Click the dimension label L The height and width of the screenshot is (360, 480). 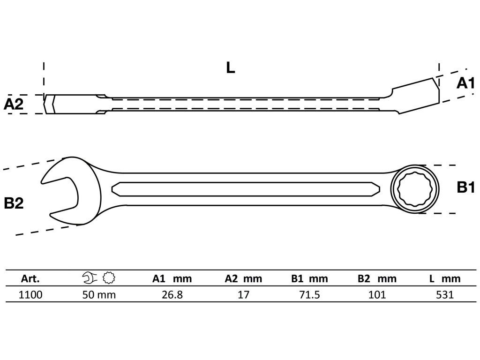point(230,68)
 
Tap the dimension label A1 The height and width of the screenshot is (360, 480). point(466,83)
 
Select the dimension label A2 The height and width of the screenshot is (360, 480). point(14,104)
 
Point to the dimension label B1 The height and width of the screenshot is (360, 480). point(466,188)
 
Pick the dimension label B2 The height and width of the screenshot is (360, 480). point(14,203)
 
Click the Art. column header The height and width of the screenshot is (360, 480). point(30,279)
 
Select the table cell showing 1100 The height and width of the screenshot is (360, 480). point(31,295)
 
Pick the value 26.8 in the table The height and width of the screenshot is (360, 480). point(172,295)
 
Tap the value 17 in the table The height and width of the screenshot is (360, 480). point(243,295)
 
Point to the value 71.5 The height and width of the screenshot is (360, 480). point(309,295)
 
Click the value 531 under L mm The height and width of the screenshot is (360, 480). point(444,295)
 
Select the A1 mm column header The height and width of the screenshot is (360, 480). point(172,279)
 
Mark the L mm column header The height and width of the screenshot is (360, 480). point(444,279)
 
